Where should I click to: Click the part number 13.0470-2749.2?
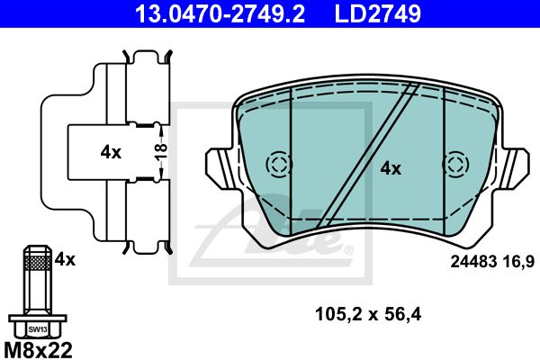(220, 13)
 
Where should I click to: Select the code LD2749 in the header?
(377, 13)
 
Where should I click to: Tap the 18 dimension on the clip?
(161, 152)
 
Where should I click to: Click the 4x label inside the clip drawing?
(111, 152)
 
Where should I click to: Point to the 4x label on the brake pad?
(391, 169)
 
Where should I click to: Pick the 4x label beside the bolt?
(65, 259)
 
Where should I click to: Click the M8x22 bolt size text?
(37, 350)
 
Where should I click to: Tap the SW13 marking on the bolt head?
(38, 329)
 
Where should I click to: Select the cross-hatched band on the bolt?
(38, 263)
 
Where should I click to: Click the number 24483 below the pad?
(473, 262)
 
